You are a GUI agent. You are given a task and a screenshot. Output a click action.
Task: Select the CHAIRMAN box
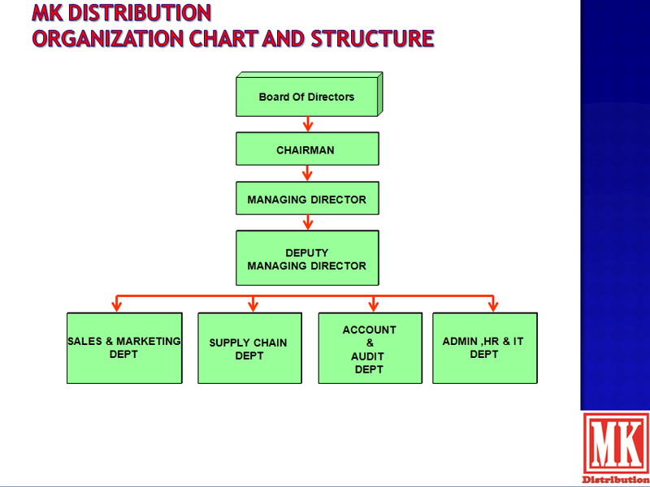coord(307,149)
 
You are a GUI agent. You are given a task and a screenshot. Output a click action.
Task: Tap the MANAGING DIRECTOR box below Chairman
coord(307,198)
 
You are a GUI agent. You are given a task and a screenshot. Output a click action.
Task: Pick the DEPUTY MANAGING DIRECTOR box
coord(307,257)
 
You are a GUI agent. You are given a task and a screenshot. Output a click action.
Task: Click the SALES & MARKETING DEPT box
coord(124,348)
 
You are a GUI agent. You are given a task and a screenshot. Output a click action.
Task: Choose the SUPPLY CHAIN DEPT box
coord(249,348)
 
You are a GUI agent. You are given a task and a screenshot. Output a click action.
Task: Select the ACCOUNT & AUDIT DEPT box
coord(370,348)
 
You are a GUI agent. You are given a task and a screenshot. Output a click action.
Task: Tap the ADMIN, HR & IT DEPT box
coord(485,348)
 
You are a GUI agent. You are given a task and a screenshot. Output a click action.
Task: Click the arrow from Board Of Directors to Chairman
coord(307,124)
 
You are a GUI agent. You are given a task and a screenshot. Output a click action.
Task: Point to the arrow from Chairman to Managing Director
coord(307,173)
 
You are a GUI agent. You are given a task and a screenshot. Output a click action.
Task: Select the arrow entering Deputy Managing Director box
coord(307,222)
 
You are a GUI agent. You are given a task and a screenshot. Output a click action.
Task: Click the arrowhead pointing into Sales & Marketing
coord(117,307)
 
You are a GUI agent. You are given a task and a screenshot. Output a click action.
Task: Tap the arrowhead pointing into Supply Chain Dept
coord(253,307)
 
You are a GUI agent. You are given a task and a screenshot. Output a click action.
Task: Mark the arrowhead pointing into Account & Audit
coord(374,307)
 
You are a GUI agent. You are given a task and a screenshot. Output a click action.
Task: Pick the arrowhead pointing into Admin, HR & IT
coord(493,307)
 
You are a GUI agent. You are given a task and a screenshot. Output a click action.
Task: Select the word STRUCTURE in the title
coord(372,38)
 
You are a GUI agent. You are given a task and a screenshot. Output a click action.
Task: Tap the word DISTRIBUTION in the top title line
coord(139,13)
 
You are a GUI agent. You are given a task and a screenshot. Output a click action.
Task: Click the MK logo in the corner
coord(616,448)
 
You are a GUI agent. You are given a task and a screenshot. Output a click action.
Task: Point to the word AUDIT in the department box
coord(367,356)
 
